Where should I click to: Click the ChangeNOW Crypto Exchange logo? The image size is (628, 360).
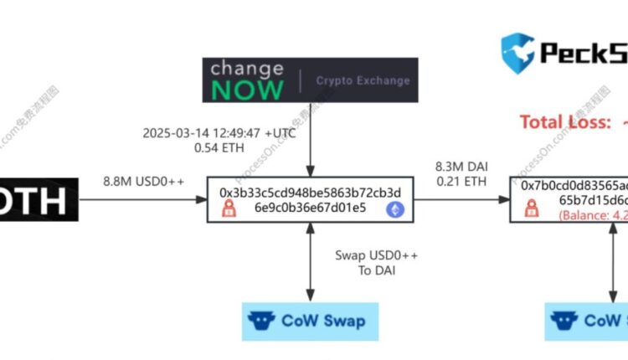point(310,79)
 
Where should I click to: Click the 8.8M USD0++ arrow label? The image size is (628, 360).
point(144,180)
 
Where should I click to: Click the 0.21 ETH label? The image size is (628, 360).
point(457,182)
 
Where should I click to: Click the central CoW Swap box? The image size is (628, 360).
point(309,320)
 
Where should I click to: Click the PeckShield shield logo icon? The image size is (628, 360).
point(517,51)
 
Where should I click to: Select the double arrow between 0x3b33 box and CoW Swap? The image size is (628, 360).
point(310,260)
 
